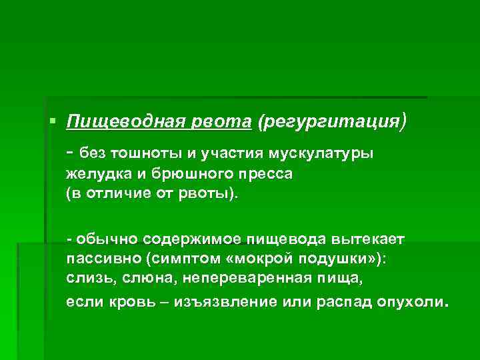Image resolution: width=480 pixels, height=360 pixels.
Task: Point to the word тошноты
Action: pyautogui.click(x=151, y=153)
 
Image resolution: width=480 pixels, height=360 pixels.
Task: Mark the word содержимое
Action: pyautogui.click(x=189, y=239)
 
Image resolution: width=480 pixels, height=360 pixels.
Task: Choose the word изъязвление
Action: pyautogui.click(x=225, y=301)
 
